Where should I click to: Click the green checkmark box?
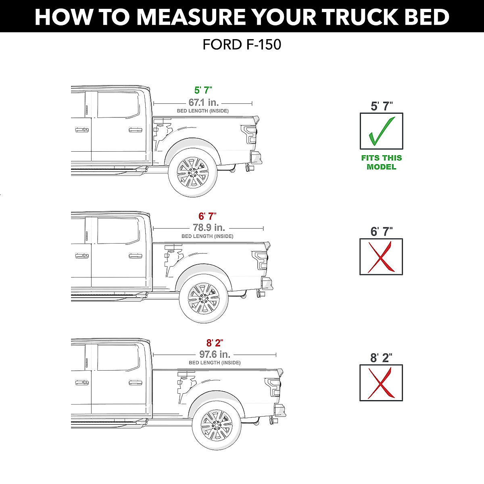tap(381, 131)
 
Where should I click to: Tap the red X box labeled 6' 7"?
tap(381, 257)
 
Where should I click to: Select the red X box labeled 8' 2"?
tap(381, 383)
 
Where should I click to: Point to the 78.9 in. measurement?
tap(209, 227)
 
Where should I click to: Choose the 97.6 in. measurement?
tap(215, 354)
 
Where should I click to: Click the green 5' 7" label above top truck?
tap(203, 90)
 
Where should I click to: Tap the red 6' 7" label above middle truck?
tap(207, 216)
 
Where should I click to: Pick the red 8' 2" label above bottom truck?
tap(215, 343)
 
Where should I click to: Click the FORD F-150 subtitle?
tap(242, 44)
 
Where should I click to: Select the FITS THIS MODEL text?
tap(381, 163)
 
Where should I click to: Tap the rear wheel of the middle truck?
tap(204, 298)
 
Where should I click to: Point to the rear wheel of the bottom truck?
tap(217, 424)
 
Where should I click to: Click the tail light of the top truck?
tap(249, 134)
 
